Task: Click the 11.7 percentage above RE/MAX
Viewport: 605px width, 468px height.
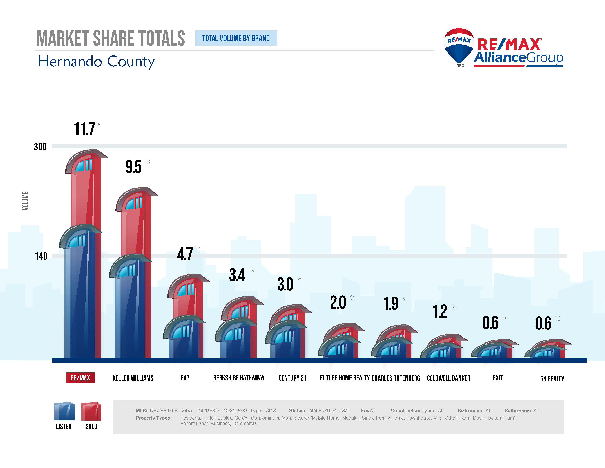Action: (84, 129)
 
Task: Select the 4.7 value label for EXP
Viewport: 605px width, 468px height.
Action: (185, 254)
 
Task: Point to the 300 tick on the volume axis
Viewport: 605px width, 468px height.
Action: (40, 147)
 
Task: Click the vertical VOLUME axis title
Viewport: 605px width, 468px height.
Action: (25, 201)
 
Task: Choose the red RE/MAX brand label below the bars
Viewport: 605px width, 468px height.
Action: (80, 378)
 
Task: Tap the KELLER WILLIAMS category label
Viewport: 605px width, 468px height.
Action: (133, 378)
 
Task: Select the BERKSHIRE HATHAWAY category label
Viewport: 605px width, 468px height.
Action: (239, 378)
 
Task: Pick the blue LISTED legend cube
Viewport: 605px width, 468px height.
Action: (64, 411)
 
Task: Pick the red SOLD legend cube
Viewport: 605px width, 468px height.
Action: (91, 411)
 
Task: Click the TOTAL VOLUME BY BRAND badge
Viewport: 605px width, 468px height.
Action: (236, 38)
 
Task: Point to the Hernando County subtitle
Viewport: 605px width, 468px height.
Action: (96, 62)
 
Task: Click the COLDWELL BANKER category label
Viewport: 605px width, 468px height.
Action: (448, 378)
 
